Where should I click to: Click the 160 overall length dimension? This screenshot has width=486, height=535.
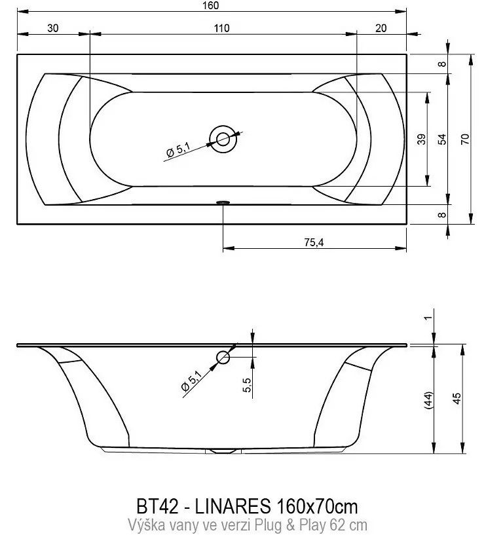[x=210, y=5]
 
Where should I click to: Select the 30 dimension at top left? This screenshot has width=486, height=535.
[x=53, y=28]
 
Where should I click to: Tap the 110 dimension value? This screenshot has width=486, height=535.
[x=222, y=28]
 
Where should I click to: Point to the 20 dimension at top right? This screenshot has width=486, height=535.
[x=381, y=28]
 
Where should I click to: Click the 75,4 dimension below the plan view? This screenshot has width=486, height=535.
[x=314, y=242]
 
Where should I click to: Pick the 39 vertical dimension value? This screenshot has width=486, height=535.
[x=422, y=139]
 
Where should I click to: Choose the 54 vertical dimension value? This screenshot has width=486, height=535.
[x=442, y=139]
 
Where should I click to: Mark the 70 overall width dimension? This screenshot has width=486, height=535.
[x=465, y=139]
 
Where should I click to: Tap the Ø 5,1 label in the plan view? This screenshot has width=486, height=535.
[x=178, y=151]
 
